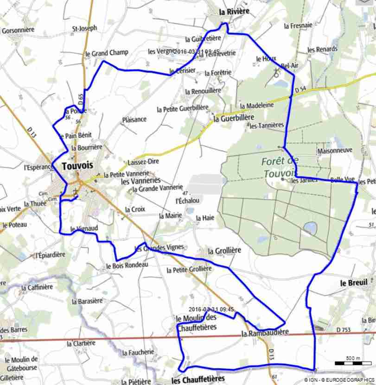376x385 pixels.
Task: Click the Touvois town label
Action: (77, 165)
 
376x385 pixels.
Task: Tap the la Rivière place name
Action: (234, 11)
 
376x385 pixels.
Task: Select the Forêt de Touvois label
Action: (280, 167)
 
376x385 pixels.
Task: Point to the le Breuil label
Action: (354, 283)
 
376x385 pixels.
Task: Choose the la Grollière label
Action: (224, 251)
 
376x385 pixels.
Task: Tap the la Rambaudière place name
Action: (265, 333)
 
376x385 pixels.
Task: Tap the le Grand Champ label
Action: (107, 53)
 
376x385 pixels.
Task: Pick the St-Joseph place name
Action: (85, 28)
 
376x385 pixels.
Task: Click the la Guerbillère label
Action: (234, 118)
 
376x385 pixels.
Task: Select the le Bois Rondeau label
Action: (127, 265)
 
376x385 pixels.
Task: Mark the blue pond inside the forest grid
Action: (310, 227)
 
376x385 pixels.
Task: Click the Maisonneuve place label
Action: (335, 151)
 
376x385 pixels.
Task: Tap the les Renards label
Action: (322, 50)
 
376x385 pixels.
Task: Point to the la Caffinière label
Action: (37, 287)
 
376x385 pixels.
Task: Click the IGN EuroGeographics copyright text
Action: (339, 380)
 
